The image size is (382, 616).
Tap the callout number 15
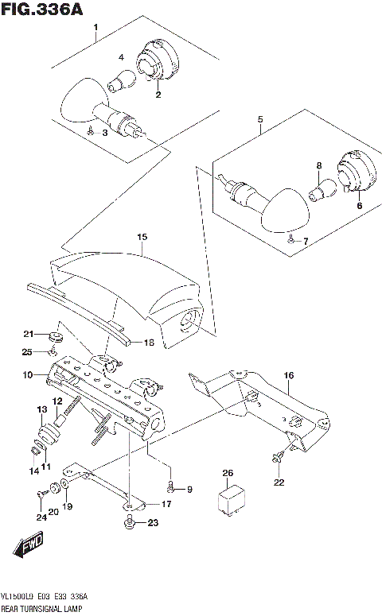(x=142, y=237)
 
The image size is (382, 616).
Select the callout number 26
(x=228, y=474)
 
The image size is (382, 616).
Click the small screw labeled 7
(x=290, y=238)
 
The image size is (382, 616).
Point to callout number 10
(x=26, y=374)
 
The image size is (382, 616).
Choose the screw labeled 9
(x=170, y=489)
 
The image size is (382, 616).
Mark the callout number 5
(x=259, y=120)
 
